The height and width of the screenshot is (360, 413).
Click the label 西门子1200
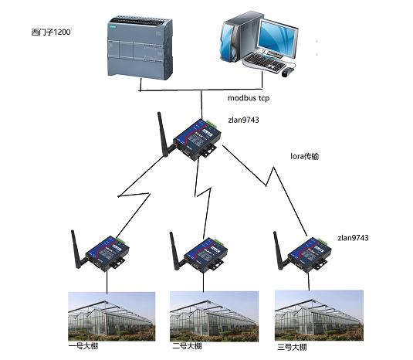click(x=51, y=32)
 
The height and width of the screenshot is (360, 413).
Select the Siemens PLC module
click(x=140, y=48)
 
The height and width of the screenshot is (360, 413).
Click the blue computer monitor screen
click(x=277, y=38)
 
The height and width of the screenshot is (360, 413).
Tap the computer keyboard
click(x=264, y=61)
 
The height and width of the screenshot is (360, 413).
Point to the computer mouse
click(x=288, y=72)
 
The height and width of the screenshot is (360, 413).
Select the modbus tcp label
click(x=249, y=98)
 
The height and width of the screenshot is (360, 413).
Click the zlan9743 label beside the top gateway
click(x=243, y=120)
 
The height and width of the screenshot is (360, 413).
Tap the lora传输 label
click(x=304, y=156)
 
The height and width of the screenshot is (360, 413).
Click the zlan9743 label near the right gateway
click(x=353, y=238)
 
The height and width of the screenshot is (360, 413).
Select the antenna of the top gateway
click(x=164, y=134)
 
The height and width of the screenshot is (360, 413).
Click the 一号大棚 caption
click(x=83, y=345)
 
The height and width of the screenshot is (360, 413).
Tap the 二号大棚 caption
click(x=188, y=346)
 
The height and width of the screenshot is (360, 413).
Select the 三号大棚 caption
click(x=292, y=347)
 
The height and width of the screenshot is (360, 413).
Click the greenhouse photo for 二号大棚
click(x=214, y=316)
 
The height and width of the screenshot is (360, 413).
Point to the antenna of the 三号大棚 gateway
click(x=279, y=250)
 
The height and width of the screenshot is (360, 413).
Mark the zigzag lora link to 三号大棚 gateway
click(x=266, y=185)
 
